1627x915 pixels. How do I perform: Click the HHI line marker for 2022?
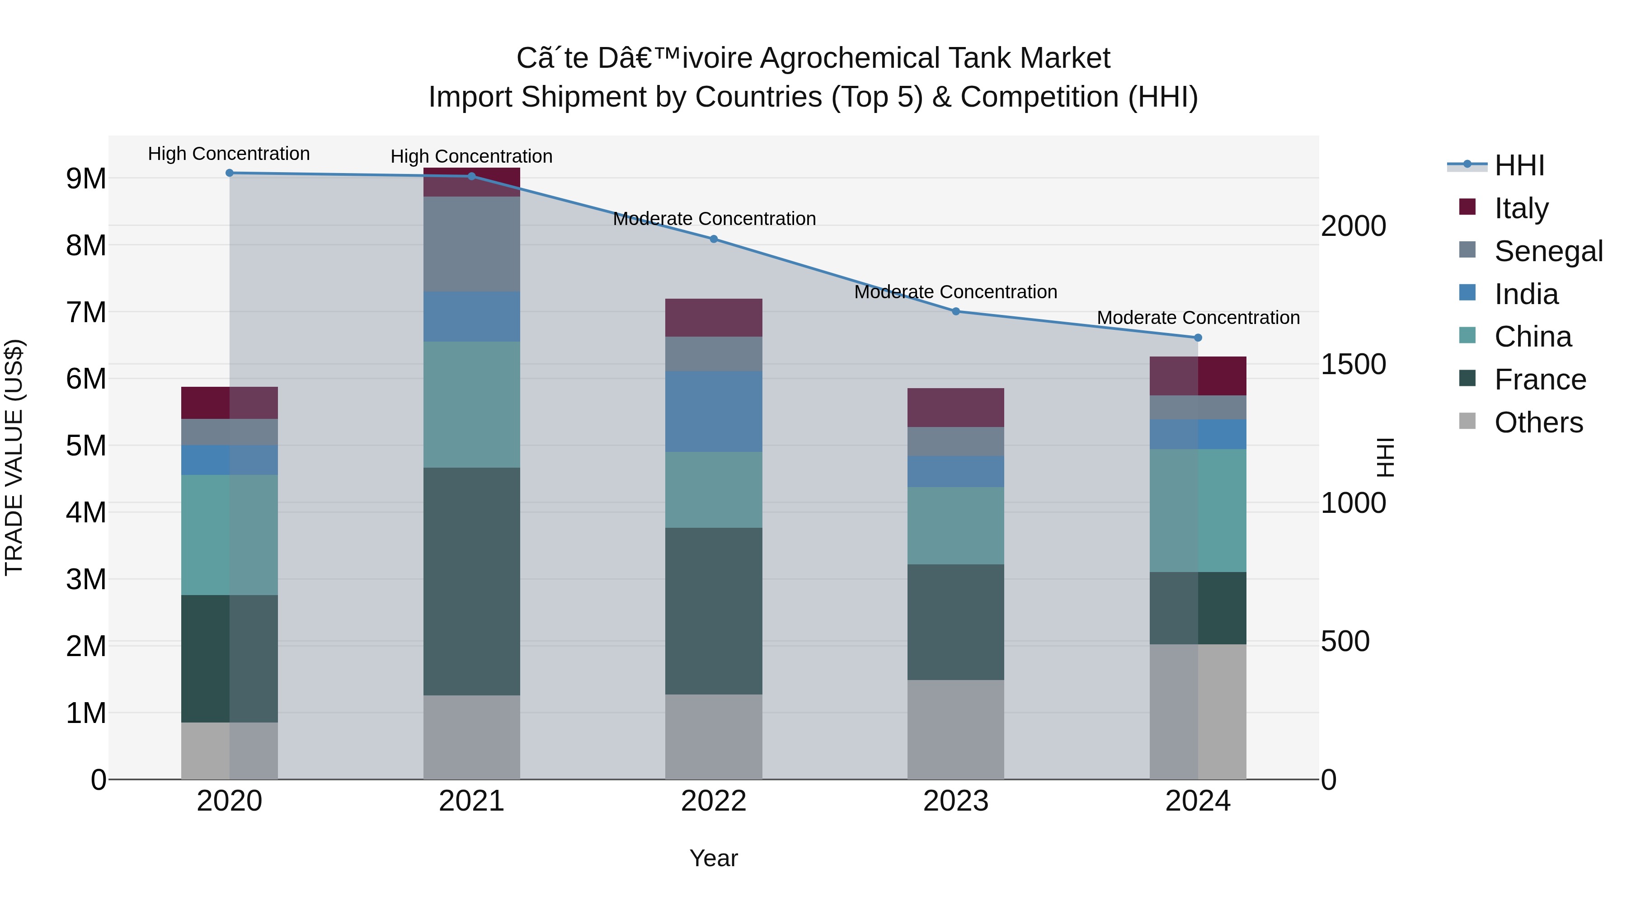714,239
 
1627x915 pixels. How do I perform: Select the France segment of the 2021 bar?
471,581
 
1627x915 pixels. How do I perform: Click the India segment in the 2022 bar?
714,411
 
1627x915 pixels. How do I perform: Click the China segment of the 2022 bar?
714,489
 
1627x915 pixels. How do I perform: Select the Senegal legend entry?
1547,251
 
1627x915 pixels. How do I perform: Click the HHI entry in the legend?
1519,165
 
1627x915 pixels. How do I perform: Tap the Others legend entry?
1538,422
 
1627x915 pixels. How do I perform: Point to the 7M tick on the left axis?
86,312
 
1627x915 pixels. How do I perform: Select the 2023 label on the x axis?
955,801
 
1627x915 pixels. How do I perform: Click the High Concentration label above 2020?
229,154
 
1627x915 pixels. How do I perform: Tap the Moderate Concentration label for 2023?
955,292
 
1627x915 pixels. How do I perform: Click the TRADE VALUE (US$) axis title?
14,457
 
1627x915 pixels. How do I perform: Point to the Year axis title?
713,858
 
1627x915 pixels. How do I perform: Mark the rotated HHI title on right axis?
1384,457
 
